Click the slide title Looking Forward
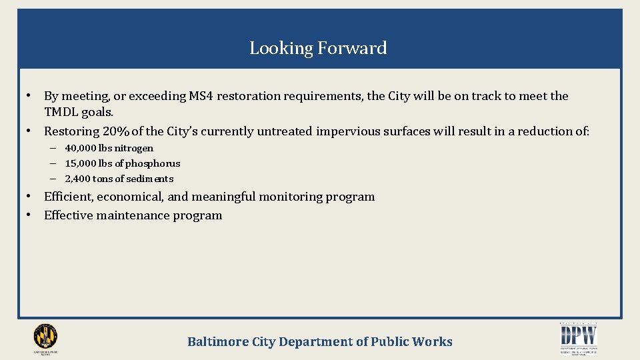(318, 48)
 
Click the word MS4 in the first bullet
(201, 96)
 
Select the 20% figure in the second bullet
(116, 131)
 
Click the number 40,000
(80, 148)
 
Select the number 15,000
(80, 163)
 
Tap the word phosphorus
(154, 163)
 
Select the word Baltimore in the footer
(217, 342)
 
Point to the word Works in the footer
(432, 342)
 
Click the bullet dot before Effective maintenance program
(30, 215)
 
